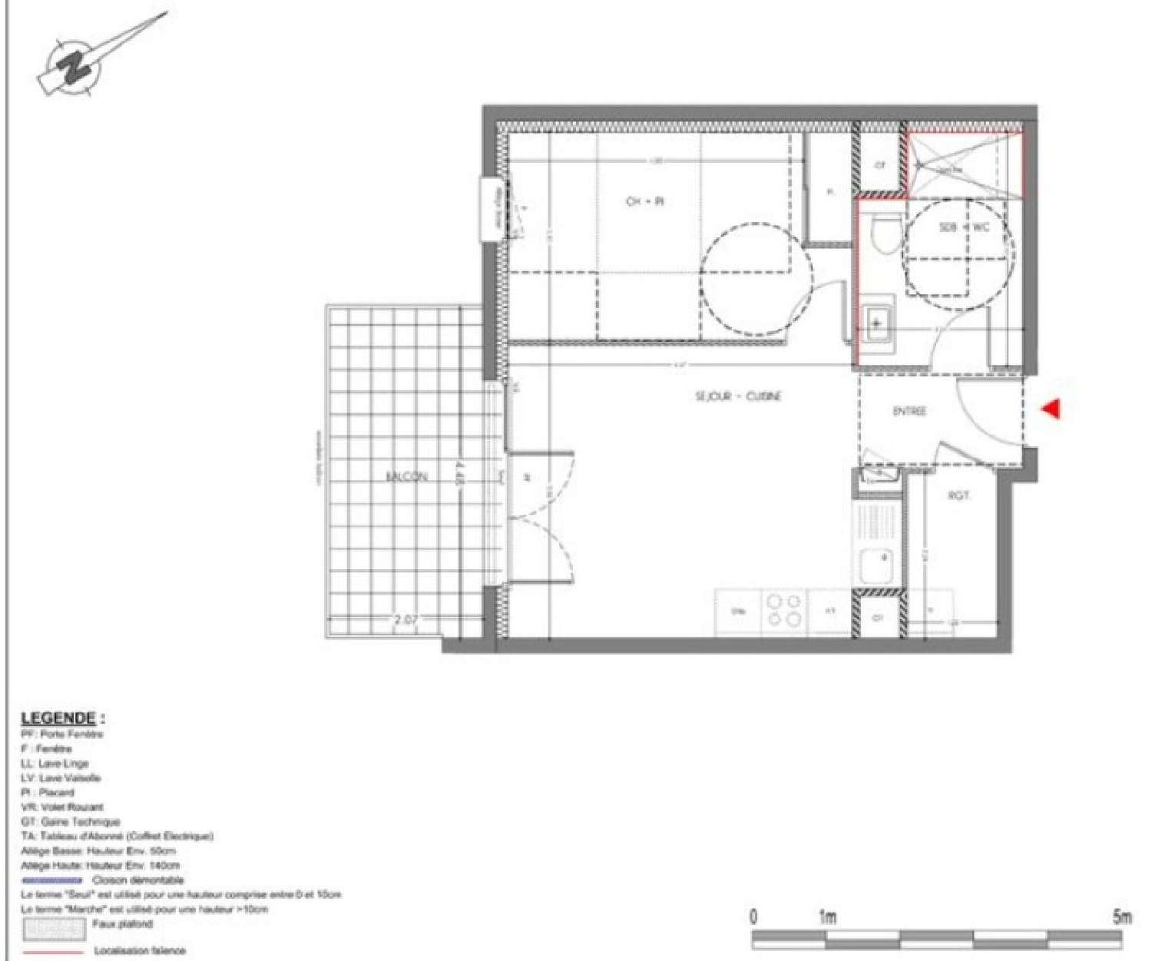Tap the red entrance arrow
point(1051,409)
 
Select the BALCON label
point(406,476)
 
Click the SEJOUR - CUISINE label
point(738,396)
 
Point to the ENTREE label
point(909,412)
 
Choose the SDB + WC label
point(964,227)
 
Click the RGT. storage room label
point(958,495)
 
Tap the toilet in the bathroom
point(886,233)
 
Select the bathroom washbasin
point(876,324)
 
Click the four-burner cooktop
point(784,611)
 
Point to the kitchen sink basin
point(876,565)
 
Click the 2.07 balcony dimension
point(406,620)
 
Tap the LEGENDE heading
point(59,718)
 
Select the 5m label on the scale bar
point(1122,916)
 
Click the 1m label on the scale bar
point(826,916)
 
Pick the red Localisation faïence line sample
point(52,951)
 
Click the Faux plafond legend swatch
point(53,929)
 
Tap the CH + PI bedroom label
point(644,201)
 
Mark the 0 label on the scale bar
point(753,916)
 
